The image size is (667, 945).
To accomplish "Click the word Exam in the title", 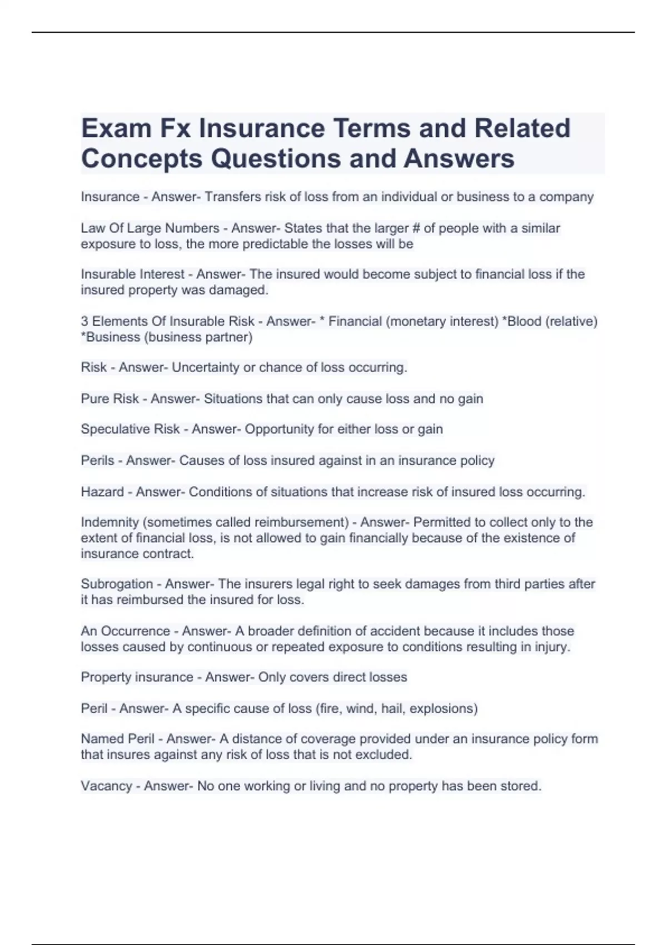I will tap(116, 128).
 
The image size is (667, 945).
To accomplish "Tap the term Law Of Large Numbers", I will tap(150, 228).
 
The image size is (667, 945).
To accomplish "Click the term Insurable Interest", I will tap(132, 274).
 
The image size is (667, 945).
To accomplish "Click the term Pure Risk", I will tap(109, 399).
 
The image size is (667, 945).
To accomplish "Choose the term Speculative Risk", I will tap(130, 429).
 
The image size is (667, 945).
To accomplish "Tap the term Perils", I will tap(97, 460).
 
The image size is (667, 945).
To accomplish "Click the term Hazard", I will tap(102, 492).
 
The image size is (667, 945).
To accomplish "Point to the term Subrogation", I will tap(117, 584).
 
